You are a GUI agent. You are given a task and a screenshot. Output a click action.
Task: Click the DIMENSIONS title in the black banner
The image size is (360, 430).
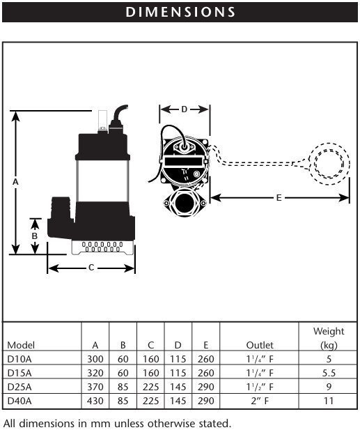coord(180,12)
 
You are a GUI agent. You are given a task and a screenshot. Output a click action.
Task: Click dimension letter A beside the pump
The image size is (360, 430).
coord(15,181)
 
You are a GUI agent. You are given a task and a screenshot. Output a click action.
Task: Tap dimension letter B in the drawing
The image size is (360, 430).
coord(35,236)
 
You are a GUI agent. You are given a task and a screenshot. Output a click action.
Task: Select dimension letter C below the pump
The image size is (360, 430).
coord(91,268)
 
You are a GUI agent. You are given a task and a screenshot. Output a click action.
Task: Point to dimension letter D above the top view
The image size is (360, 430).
coord(184,109)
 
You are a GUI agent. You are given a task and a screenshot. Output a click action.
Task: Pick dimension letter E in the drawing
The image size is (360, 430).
coord(279,198)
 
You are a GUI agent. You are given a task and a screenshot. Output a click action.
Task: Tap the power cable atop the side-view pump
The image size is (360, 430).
coord(118,115)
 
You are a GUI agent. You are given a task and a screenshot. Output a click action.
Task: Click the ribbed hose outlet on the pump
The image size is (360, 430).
coord(61,208)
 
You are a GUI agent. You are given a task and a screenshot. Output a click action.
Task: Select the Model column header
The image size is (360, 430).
coord(21,345)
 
